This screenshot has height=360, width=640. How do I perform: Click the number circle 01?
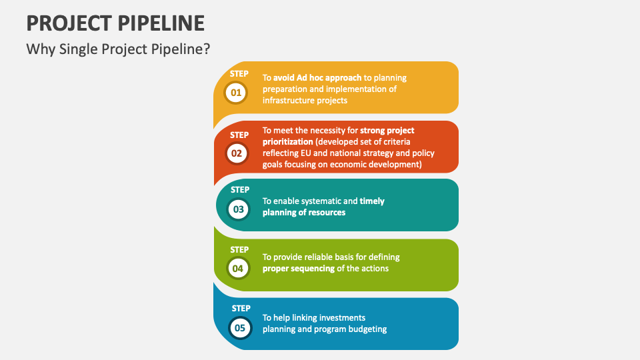click(x=236, y=93)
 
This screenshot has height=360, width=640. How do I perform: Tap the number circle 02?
click(x=237, y=153)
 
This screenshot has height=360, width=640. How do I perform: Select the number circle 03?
click(x=239, y=209)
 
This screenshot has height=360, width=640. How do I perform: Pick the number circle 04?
click(x=238, y=269)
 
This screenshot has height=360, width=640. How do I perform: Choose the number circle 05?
click(x=240, y=328)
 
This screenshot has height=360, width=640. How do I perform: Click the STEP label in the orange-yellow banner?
click(x=239, y=74)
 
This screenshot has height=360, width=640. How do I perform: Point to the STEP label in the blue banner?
click(x=241, y=309)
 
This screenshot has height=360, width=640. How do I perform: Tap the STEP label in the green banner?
click(x=239, y=250)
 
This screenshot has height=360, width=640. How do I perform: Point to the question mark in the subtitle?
click(x=207, y=49)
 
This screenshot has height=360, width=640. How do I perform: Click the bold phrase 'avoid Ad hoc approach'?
click(x=317, y=78)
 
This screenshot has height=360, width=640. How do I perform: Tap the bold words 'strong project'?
click(x=387, y=131)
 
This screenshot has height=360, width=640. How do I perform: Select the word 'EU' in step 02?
click(x=306, y=153)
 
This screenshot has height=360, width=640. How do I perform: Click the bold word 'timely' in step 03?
click(x=372, y=201)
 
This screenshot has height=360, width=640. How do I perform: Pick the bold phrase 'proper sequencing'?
click(x=299, y=269)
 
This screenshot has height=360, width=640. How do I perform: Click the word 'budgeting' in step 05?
click(x=368, y=329)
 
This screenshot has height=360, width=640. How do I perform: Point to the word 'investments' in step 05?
click(x=342, y=317)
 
